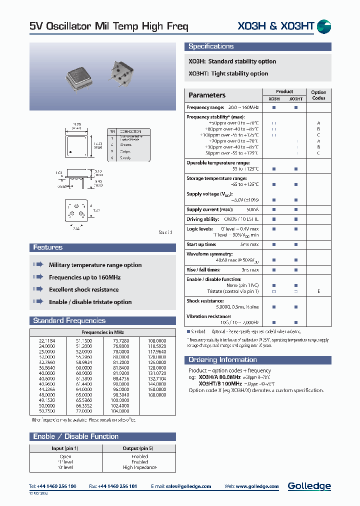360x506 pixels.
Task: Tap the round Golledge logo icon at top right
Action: (324, 27)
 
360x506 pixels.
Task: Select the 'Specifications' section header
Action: (211, 46)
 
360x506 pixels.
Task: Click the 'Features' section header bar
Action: (48, 247)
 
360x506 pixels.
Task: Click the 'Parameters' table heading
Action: (207, 95)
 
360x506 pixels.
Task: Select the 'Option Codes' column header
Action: (318, 95)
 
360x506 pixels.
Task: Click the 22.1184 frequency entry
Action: (47, 340)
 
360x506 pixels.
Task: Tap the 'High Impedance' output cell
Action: (139, 467)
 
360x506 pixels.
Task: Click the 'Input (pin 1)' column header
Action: (65, 448)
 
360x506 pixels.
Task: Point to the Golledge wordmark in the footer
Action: (309, 486)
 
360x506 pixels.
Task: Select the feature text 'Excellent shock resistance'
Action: (83, 289)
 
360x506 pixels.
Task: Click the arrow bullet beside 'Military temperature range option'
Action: (38, 264)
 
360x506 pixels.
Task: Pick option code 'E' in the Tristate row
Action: (318, 291)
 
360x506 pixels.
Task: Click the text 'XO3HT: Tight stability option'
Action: (228, 73)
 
